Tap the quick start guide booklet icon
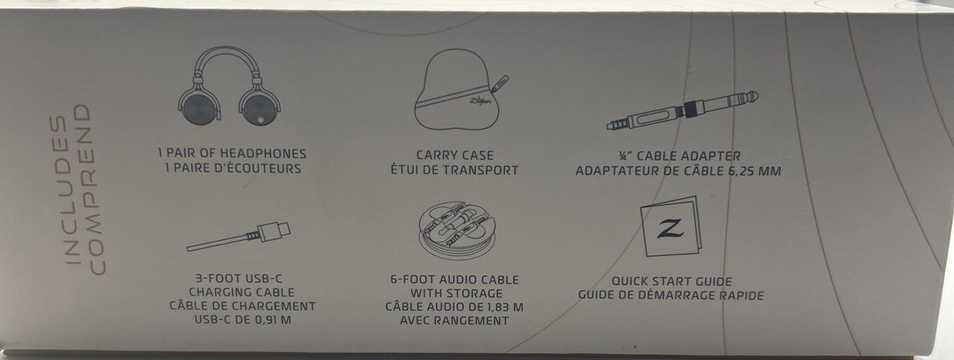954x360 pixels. [671, 226]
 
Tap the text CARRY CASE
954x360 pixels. [455, 155]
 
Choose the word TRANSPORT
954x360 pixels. [481, 170]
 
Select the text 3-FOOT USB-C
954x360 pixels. [239, 279]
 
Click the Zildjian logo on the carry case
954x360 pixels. [480, 101]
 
